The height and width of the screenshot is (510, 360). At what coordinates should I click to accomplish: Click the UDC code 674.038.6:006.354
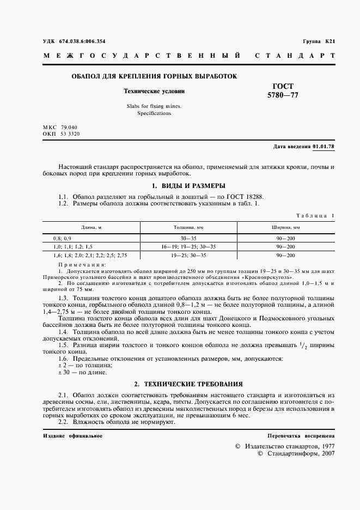82,41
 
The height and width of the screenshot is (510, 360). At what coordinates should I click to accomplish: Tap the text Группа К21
319,41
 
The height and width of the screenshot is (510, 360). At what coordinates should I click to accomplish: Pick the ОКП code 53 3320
70,133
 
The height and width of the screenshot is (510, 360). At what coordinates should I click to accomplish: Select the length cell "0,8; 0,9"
62,239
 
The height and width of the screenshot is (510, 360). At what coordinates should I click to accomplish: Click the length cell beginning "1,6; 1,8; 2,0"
90,255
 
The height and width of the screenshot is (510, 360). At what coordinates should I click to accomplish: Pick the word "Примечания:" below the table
82,264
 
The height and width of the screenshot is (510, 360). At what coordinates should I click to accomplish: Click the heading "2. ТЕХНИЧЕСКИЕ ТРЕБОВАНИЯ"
188,384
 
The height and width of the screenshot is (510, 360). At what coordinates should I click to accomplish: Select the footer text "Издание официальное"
72,436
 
